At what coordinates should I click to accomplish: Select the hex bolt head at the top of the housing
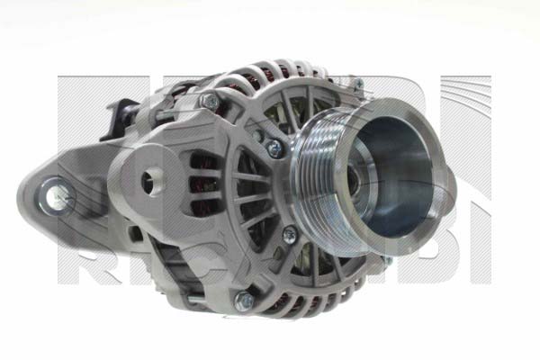click(x=210, y=100)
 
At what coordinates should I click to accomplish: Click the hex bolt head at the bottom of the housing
click(x=243, y=300)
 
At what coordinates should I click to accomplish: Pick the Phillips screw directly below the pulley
click(x=289, y=234)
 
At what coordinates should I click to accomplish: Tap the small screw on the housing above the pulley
click(x=357, y=84)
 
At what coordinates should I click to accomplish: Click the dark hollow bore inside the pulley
click(x=396, y=171)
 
